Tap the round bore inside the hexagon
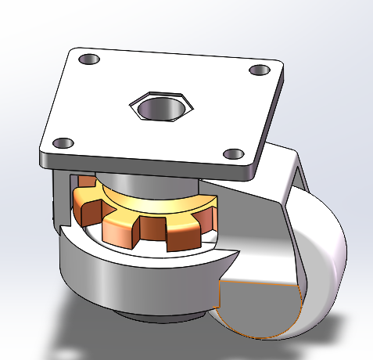point(162,105)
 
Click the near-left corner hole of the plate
point(63,143)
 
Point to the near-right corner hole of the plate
point(233,153)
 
